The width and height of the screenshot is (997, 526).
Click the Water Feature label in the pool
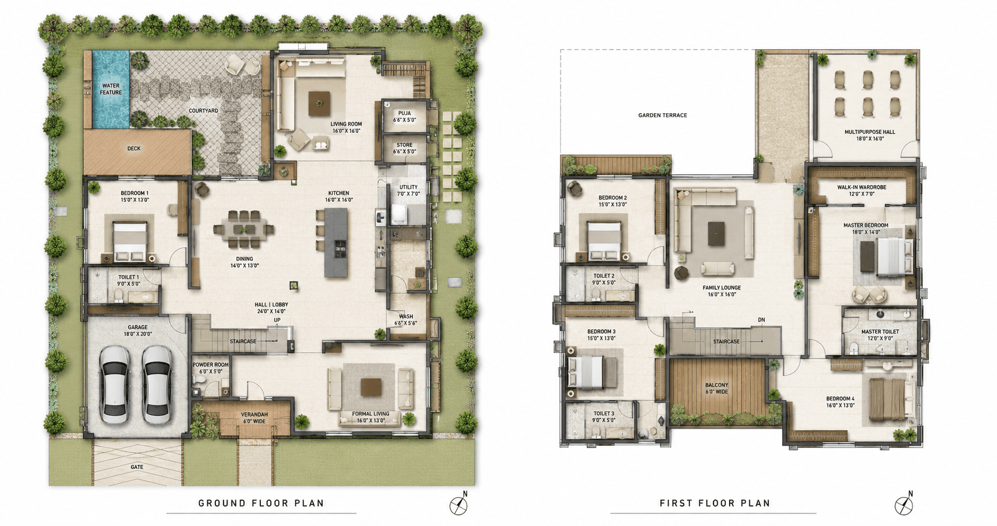pyautogui.click(x=111, y=89)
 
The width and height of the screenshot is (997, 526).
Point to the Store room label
pyautogui.click(x=405, y=148)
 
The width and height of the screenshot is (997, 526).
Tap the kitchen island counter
pyautogui.click(x=337, y=242)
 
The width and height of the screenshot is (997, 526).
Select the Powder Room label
pyautogui.click(x=211, y=368)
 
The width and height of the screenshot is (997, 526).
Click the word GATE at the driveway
pyautogui.click(x=137, y=467)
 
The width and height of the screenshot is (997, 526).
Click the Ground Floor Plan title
pyautogui.click(x=262, y=503)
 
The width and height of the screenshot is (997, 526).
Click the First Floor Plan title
pyautogui.click(x=715, y=503)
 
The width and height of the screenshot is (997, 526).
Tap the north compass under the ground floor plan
pyautogui.click(x=459, y=503)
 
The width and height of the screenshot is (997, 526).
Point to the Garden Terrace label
pyautogui.click(x=663, y=115)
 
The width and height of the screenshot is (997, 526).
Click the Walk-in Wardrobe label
pyautogui.click(x=862, y=191)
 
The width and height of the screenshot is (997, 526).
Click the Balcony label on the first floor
pyautogui.click(x=717, y=388)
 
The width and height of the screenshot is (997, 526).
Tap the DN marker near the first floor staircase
pyautogui.click(x=761, y=320)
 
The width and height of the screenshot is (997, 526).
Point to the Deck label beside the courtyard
pyautogui.click(x=134, y=148)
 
